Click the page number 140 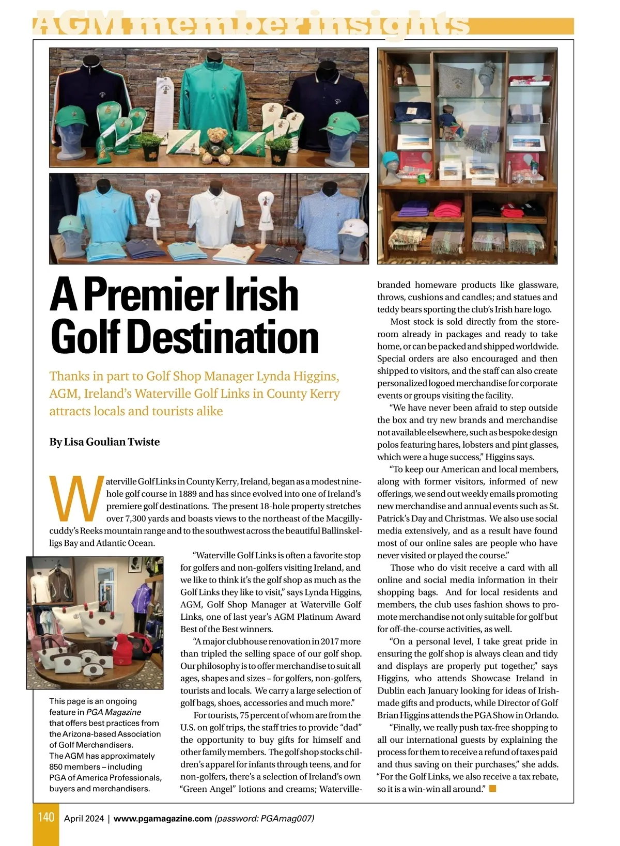click(46, 817)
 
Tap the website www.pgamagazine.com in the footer click(163, 819)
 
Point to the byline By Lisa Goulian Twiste click(104, 442)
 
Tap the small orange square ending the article click(492, 789)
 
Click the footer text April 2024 click(84, 819)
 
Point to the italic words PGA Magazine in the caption click(114, 712)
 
